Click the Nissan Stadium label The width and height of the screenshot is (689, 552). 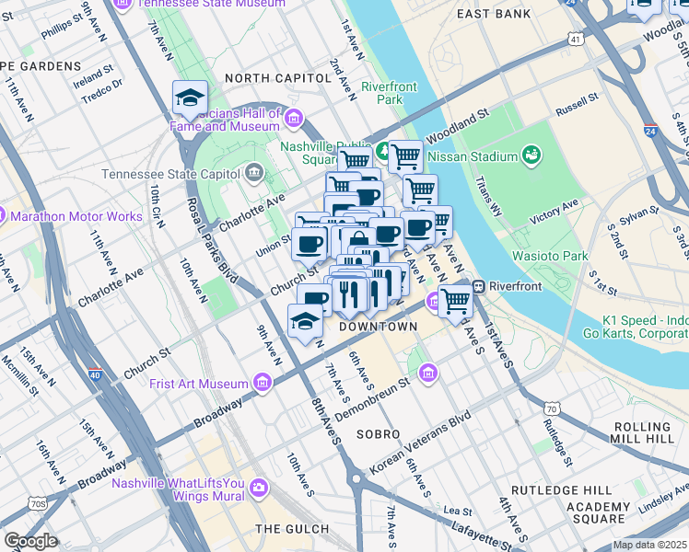pos(470,155)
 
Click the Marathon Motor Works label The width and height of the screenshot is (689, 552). pos(76,217)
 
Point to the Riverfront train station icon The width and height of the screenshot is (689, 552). pos(480,286)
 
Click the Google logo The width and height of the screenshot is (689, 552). pos(30,541)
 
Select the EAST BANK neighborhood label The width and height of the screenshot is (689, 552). pos(494,14)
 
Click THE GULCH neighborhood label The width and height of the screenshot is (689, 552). pos(292,529)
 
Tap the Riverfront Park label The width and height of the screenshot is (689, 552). pos(382,93)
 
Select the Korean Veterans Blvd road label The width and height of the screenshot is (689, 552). pos(420,443)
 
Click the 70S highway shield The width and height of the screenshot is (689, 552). pos(38,503)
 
